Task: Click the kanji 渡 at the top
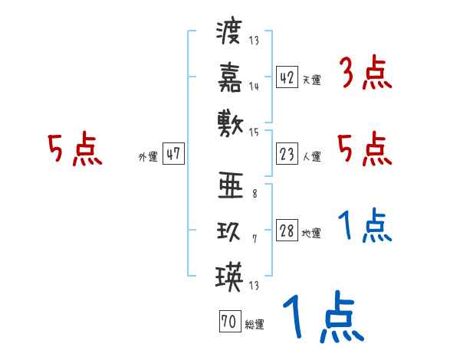click(229, 34)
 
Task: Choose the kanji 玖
click(229, 231)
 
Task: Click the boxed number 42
click(287, 77)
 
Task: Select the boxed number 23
click(287, 155)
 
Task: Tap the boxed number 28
click(287, 231)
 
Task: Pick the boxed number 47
click(173, 154)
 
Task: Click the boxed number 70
click(228, 322)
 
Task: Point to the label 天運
click(311, 80)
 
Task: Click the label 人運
click(311, 157)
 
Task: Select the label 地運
click(311, 234)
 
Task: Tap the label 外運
click(148, 156)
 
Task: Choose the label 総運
click(254, 325)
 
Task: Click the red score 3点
click(365, 75)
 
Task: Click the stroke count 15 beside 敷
click(255, 132)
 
